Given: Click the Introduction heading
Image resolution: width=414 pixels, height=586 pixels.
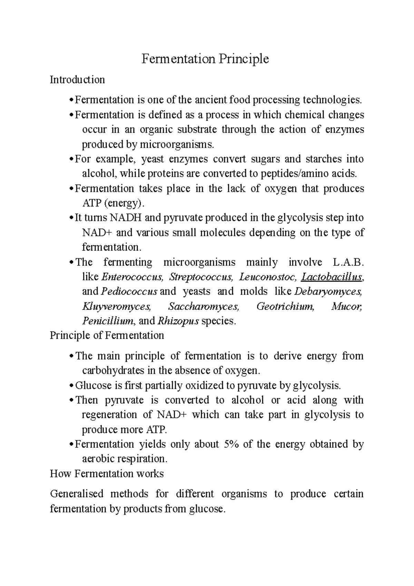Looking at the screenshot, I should click(77, 80).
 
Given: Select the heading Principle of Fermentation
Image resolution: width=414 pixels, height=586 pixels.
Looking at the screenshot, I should click(107, 335).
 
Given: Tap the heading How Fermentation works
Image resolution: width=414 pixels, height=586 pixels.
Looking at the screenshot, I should click(107, 473).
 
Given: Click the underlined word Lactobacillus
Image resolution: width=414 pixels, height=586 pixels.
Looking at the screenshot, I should click(332, 277).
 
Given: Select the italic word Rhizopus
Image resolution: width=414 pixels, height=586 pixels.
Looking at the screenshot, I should click(178, 321).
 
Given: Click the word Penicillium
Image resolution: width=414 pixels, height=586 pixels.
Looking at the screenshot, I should click(108, 321).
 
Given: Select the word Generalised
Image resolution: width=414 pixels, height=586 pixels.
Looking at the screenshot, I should click(77, 494).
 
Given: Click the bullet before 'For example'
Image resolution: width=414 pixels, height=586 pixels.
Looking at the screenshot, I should click(71, 159).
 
